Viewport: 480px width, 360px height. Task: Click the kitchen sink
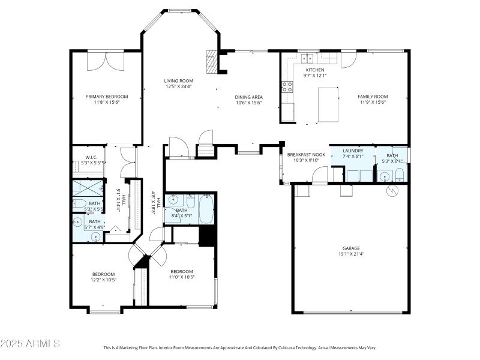click(308, 58)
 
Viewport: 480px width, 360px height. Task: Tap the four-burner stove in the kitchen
click(287, 88)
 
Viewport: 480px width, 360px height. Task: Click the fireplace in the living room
click(211, 61)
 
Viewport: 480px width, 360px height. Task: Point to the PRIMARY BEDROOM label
click(107, 97)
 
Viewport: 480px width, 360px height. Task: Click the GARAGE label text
click(351, 248)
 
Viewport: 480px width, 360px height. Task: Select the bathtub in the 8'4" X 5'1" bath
click(205, 208)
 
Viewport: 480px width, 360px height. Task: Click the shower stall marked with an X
click(88, 188)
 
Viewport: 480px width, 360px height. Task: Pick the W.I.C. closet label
click(83, 157)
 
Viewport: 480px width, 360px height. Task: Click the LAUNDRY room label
click(352, 151)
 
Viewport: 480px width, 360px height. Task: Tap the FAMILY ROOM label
click(373, 97)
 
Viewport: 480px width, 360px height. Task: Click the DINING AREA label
click(248, 97)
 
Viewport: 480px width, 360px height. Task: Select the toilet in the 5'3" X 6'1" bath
click(400, 176)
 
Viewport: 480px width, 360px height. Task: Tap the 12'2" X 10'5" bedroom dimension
click(103, 280)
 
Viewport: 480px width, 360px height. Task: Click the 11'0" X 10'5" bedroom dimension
click(181, 277)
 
